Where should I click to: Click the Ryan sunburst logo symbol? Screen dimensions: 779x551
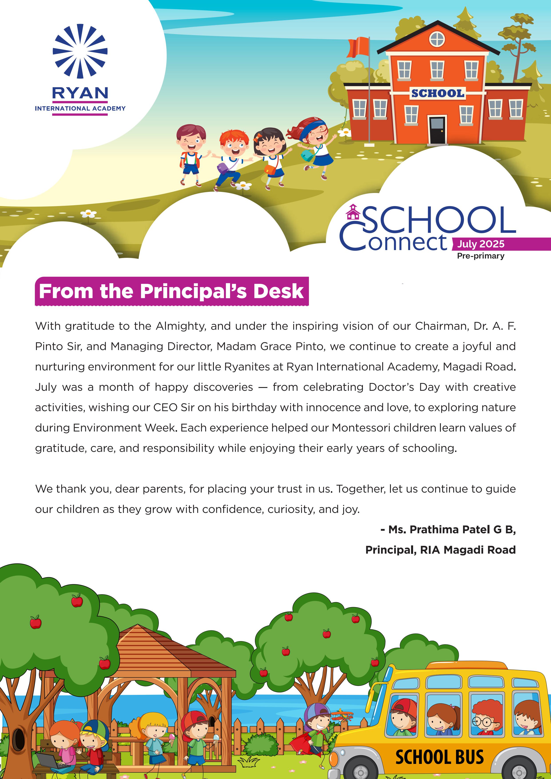(80, 51)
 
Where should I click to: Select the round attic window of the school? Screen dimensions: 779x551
(437, 39)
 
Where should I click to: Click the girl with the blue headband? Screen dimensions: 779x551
(314, 143)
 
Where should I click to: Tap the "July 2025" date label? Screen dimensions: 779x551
(480, 244)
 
